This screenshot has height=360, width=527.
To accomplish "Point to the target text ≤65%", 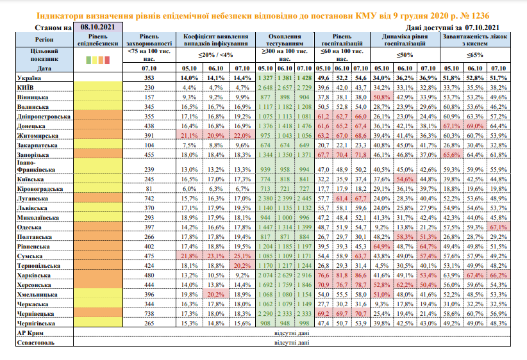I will (474, 55).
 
